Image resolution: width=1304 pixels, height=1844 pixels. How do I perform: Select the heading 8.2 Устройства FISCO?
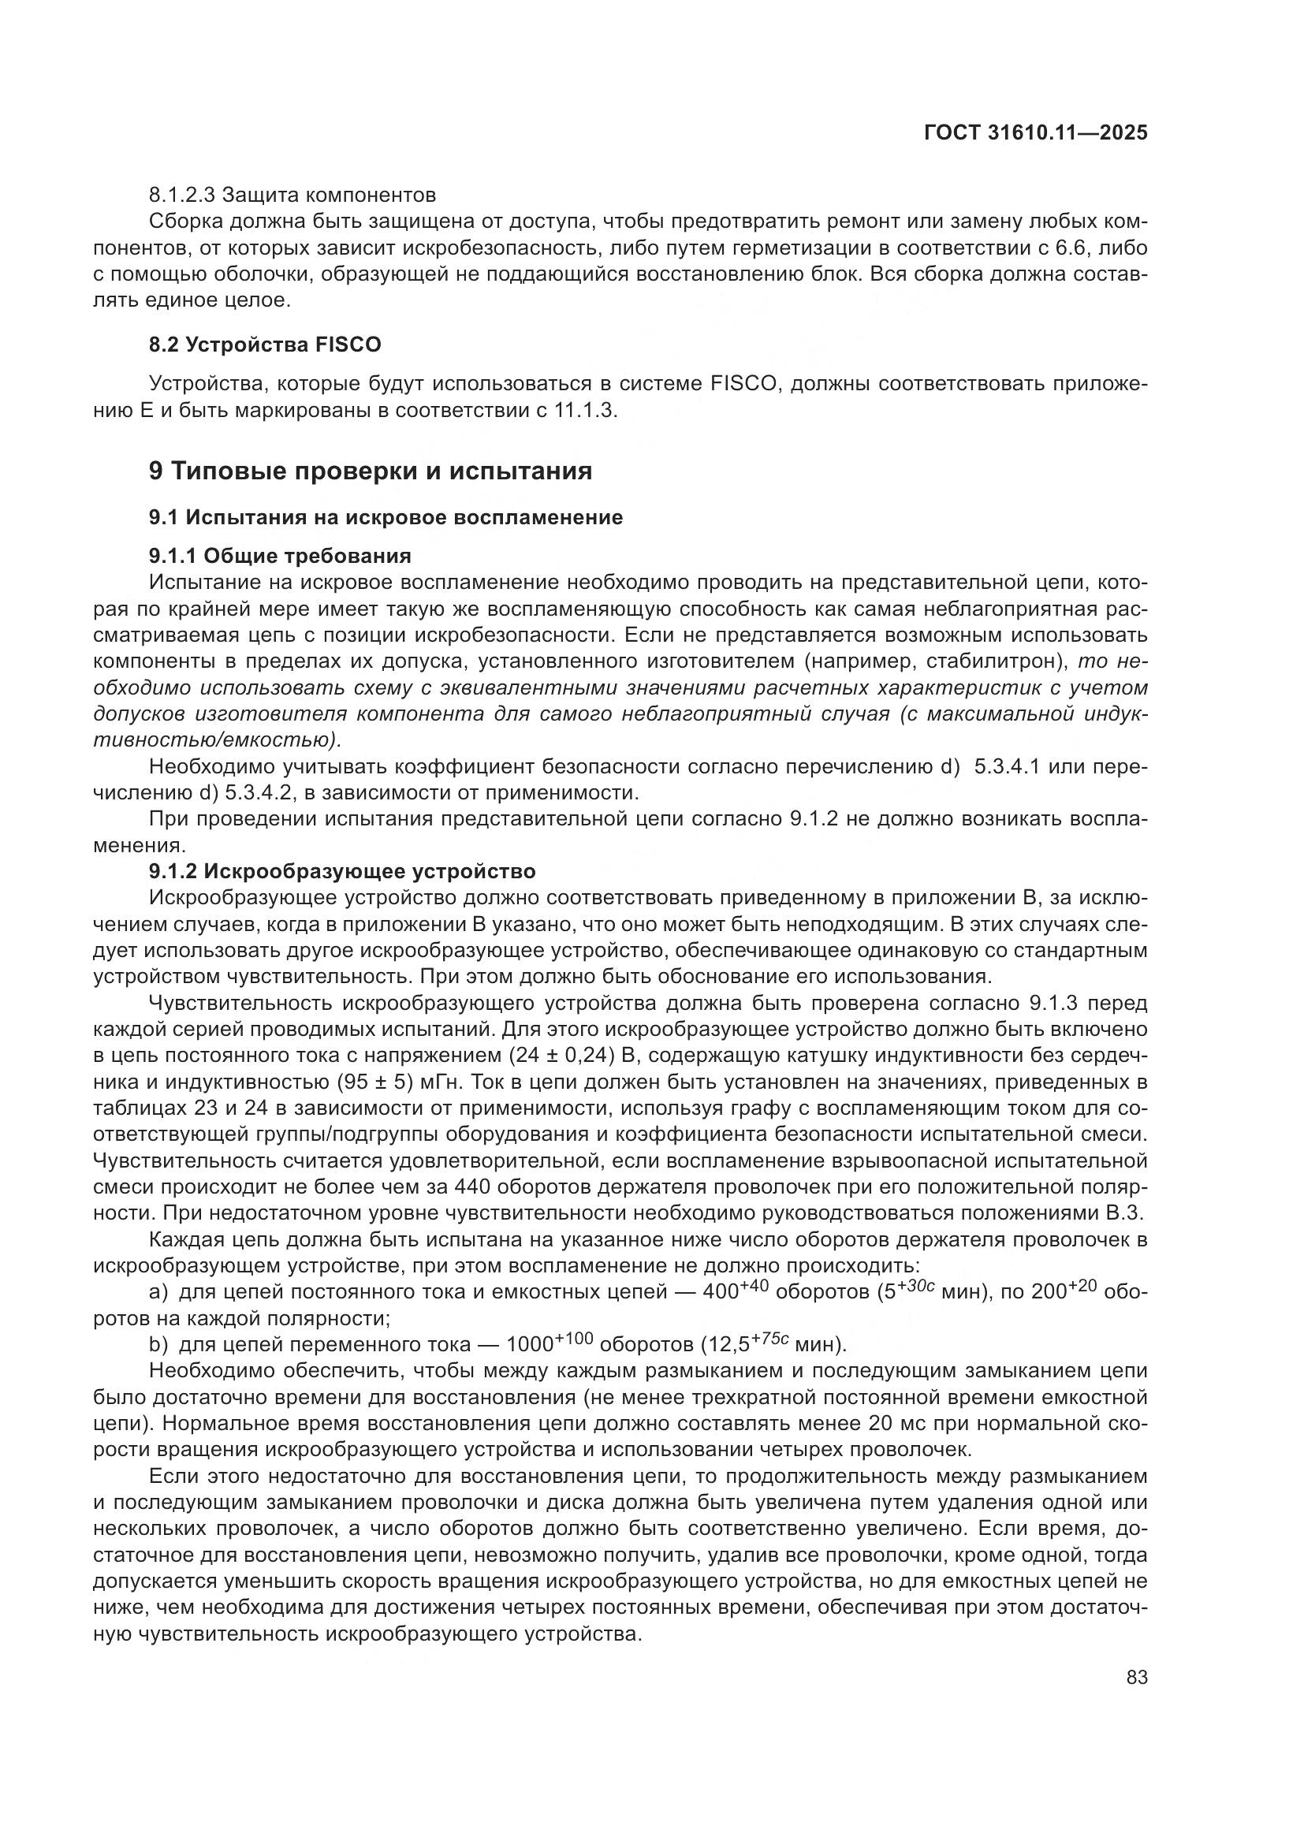pyautogui.click(x=265, y=345)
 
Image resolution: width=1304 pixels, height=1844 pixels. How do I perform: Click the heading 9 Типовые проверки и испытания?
pyautogui.click(x=371, y=471)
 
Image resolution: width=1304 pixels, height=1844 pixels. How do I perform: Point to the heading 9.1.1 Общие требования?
pyautogui.click(x=279, y=556)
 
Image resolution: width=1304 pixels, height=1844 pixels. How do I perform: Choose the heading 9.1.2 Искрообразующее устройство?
pyautogui.click(x=342, y=870)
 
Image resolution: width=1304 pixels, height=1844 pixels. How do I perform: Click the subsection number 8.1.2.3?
pyautogui.click(x=182, y=196)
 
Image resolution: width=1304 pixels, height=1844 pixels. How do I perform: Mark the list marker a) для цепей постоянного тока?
pyautogui.click(x=159, y=1292)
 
